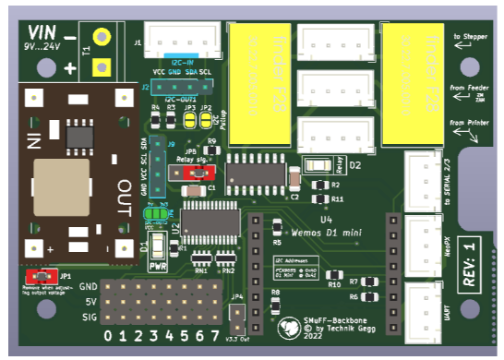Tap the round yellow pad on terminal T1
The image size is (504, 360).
[102, 38]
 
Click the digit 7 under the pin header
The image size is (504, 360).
[215, 335]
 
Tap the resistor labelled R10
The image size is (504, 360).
[334, 273]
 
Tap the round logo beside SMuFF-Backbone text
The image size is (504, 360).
[289, 328]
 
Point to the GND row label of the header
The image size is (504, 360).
[88, 287]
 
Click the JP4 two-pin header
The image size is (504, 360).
[237, 316]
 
